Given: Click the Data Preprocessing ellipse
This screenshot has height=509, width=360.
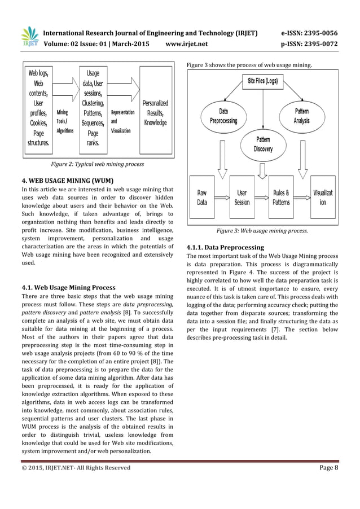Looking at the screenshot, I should coord(223,116).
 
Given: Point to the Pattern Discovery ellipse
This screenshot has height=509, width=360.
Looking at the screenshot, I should coord(263,144).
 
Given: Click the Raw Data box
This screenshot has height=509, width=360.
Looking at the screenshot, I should coord(201,197).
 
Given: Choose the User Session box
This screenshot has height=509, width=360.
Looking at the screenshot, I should coord(242,197).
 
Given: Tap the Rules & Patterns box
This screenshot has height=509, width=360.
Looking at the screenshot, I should coord(281,197).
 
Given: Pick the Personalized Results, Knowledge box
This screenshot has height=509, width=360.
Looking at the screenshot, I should coord(155,113).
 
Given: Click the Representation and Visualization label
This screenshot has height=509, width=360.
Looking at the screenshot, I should coord(122,121).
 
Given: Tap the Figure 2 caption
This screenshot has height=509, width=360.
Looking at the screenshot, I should coord(97,164).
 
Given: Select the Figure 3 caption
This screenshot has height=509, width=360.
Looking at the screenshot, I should coord(262,231).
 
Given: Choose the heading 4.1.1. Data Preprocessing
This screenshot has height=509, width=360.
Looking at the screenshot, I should coord(225,247).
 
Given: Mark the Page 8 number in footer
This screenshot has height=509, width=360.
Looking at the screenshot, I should coord(325,467).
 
